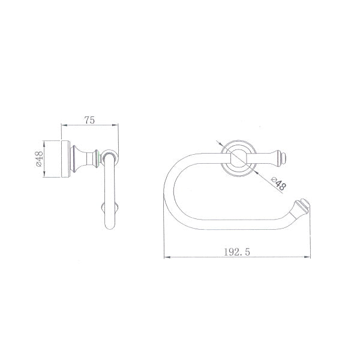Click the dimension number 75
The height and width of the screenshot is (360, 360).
(89, 119)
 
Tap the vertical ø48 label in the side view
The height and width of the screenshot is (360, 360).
(38, 159)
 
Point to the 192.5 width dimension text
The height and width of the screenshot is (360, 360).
(234, 253)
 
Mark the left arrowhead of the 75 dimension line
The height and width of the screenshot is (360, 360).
(64, 125)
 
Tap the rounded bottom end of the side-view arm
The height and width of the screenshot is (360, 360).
(110, 228)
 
